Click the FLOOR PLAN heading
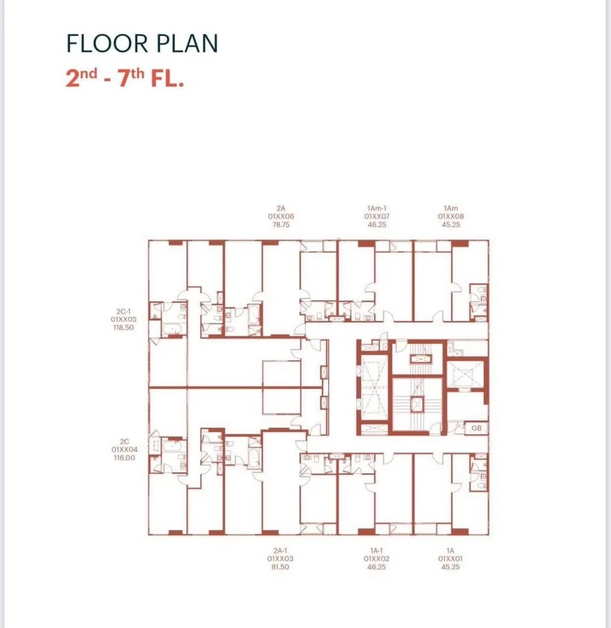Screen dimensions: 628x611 click(x=142, y=44)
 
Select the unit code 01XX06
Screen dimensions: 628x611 click(x=281, y=216)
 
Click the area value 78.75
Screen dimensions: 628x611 click(x=281, y=224)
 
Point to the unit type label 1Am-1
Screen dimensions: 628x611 click(x=376, y=208)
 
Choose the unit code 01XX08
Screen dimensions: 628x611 click(x=451, y=216)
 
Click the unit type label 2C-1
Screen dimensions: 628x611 click(x=124, y=311)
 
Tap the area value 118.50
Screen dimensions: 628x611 click(x=124, y=327)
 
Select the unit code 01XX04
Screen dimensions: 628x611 click(x=124, y=449)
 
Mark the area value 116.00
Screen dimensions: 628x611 click(x=124, y=458)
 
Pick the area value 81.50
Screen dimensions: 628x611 click(x=281, y=566)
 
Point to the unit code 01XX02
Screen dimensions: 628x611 click(x=376, y=558)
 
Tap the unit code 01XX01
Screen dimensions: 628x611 click(x=450, y=558)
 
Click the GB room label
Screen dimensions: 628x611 click(x=476, y=428)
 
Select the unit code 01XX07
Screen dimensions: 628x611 click(x=376, y=216)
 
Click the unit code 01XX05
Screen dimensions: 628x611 click(x=124, y=319)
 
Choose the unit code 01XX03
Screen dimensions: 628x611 click(x=281, y=558)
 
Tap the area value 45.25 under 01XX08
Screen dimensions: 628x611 click(x=451, y=224)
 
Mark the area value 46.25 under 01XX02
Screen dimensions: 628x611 click(x=376, y=566)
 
